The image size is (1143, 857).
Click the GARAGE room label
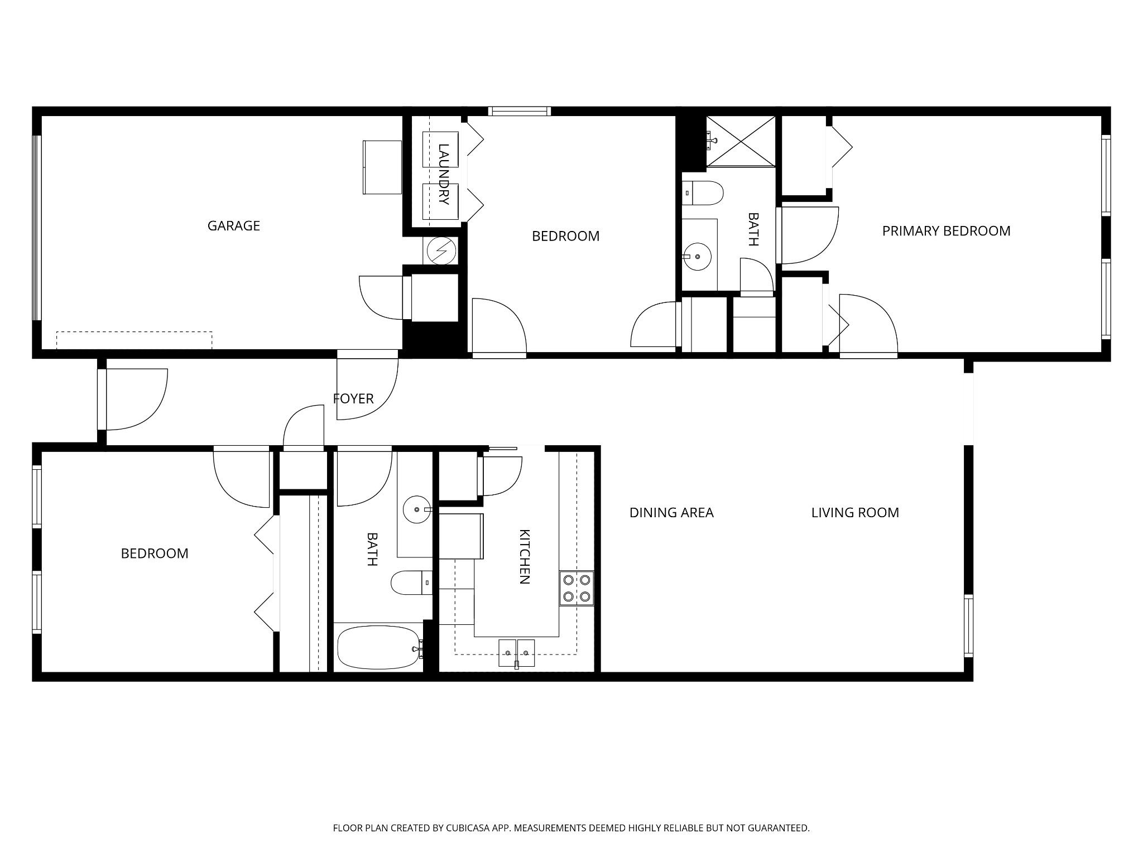[x=233, y=225]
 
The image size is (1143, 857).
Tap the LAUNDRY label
[x=444, y=174]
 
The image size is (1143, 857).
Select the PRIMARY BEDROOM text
[x=946, y=230]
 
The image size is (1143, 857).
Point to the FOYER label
[x=353, y=398]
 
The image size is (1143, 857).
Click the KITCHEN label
[x=524, y=556]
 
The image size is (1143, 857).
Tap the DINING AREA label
[x=671, y=512]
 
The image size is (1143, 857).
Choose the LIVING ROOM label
[x=855, y=512]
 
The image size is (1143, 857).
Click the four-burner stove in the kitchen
[x=577, y=588]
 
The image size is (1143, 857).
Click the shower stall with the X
[x=741, y=141]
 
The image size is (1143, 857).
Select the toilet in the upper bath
[x=703, y=193]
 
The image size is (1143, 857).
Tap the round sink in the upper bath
[x=697, y=257]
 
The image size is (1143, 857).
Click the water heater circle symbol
[x=441, y=251]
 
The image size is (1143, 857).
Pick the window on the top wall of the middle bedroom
[x=519, y=111]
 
